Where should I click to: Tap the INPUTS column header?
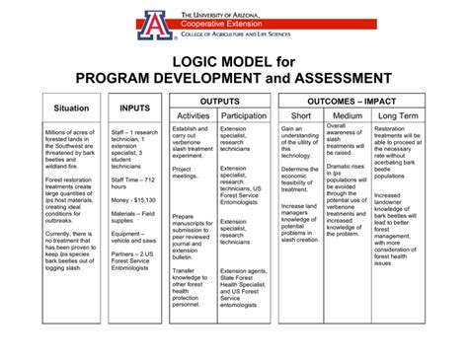pyautogui.click(x=134, y=108)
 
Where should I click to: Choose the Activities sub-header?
pyautogui.click(x=193, y=116)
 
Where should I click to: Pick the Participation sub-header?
pyautogui.click(x=244, y=116)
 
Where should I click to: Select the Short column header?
pyautogui.click(x=301, y=116)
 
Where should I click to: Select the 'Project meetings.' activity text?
pyautogui.click(x=185, y=172)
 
